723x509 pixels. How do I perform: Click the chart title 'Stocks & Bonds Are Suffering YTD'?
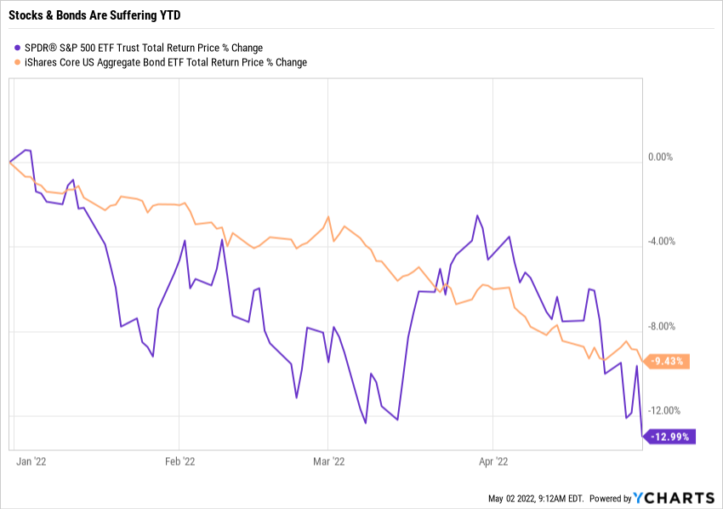[x=96, y=14]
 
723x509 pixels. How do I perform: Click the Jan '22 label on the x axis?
[x=31, y=461]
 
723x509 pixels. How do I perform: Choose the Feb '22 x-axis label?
[x=179, y=461]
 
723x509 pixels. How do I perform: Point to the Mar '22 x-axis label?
[x=327, y=461]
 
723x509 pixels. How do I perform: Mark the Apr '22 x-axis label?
[x=493, y=461]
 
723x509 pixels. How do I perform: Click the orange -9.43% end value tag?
[x=669, y=362]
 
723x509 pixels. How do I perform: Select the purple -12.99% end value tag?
[x=671, y=438]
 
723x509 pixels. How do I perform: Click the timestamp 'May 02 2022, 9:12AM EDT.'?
[x=535, y=499]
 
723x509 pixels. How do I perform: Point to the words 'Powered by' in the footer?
[x=610, y=499]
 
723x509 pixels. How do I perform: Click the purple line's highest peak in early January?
[x=26, y=150]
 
